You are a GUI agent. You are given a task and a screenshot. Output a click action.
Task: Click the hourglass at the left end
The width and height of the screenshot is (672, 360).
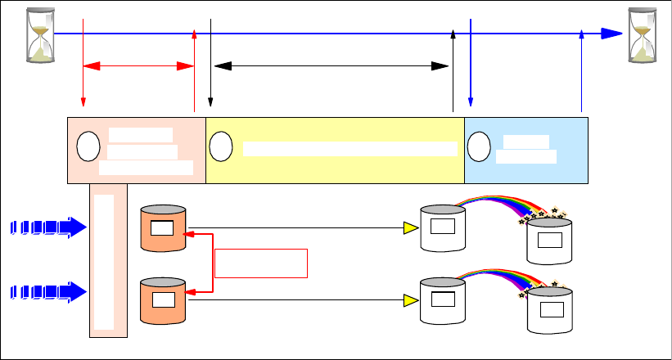[x=38, y=35]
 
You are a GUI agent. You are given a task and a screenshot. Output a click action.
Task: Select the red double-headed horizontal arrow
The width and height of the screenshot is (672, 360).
[x=138, y=65]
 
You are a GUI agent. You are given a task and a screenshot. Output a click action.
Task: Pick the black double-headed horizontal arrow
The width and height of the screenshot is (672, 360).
[x=331, y=65]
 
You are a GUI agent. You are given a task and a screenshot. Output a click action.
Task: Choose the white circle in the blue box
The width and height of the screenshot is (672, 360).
[x=479, y=146]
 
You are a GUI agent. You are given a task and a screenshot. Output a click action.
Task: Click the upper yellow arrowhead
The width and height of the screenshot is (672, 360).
[x=411, y=229]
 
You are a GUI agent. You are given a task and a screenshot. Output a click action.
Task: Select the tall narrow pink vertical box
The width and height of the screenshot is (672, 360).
[x=108, y=260]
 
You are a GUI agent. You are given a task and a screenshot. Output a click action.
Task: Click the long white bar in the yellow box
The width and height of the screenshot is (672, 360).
[x=350, y=148]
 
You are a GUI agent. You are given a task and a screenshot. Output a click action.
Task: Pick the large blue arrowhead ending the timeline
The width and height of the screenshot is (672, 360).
[x=611, y=34]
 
